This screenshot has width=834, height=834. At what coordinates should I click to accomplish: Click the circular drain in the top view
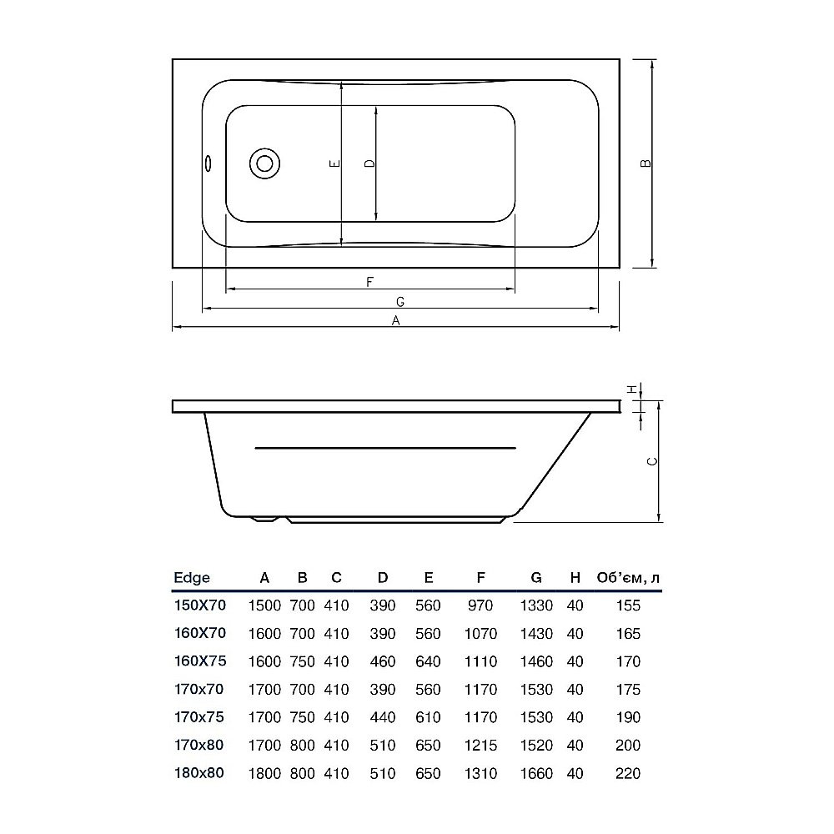(265, 163)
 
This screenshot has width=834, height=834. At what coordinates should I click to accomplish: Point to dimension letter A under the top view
(397, 320)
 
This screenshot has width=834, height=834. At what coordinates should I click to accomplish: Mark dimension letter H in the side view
(632, 389)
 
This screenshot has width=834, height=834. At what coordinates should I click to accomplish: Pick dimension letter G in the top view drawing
(399, 300)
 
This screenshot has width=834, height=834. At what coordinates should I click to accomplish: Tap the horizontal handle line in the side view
(385, 448)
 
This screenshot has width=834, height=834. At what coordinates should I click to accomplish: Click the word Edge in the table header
(191, 577)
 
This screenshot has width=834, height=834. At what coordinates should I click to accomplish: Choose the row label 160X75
(198, 661)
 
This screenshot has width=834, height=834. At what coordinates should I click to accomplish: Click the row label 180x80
(198, 773)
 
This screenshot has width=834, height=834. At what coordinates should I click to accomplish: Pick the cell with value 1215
(481, 745)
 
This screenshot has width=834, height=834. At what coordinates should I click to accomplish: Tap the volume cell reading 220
(628, 773)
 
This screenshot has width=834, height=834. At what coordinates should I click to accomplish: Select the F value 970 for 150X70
(481, 605)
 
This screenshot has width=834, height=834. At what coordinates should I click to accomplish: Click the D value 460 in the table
(383, 661)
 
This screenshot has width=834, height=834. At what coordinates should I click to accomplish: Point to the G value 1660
(536, 773)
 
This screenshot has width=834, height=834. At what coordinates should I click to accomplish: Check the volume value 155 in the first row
(628, 605)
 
